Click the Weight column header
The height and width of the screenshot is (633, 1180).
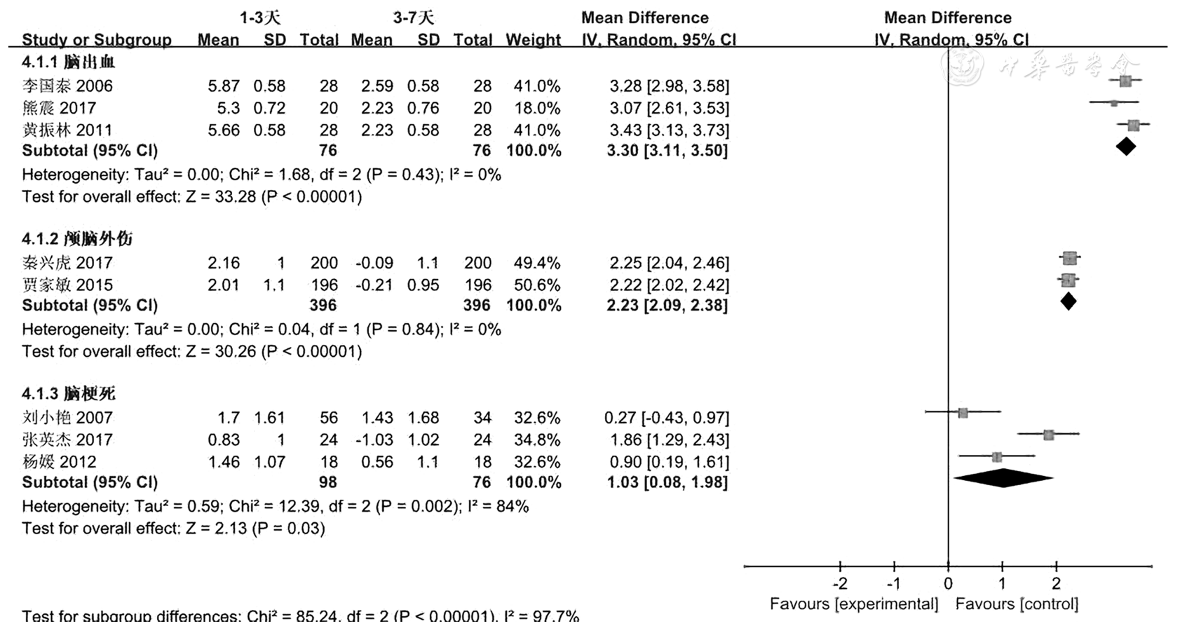pyautogui.click(x=533, y=40)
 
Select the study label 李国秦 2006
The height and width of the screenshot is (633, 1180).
pyautogui.click(x=67, y=86)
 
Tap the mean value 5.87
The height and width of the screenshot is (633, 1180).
pyautogui.click(x=224, y=86)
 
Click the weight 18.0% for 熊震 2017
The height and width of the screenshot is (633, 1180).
pyautogui.click(x=537, y=108)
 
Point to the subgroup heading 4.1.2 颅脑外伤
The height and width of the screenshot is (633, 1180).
pyautogui.click(x=77, y=239)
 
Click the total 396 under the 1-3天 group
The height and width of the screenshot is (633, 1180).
pyautogui.click(x=323, y=306)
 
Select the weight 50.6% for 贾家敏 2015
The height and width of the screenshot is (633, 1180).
pyautogui.click(x=537, y=285)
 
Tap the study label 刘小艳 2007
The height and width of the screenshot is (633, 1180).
pyautogui.click(x=67, y=418)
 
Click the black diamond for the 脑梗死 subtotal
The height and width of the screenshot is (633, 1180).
pyautogui.click(x=1003, y=478)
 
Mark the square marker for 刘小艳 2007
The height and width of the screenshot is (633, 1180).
pyautogui.click(x=963, y=413)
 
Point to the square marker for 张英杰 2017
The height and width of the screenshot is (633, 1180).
pyautogui.click(x=1048, y=435)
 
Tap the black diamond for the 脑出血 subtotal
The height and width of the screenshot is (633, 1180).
pyautogui.click(x=1125, y=147)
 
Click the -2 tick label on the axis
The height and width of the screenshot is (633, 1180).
pyautogui.click(x=839, y=584)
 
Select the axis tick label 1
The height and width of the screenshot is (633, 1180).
pyautogui.click(x=1002, y=584)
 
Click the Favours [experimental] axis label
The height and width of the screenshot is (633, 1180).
pyautogui.click(x=853, y=604)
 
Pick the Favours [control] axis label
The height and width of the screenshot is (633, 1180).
pyautogui.click(x=1017, y=604)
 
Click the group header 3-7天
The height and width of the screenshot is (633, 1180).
pyautogui.click(x=413, y=18)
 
